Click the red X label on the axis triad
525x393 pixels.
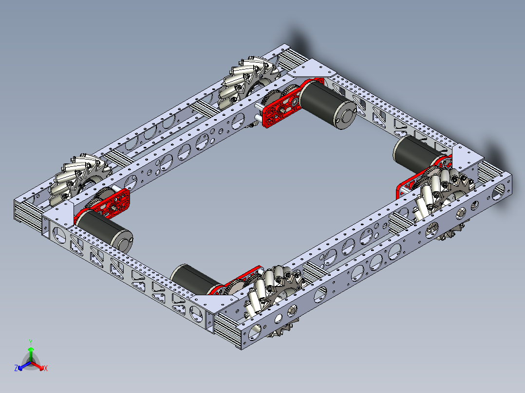coord(45,369)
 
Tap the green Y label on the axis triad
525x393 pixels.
coord(30,342)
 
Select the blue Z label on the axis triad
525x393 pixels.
coord(16,369)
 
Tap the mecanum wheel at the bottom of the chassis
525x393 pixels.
coord(270,297)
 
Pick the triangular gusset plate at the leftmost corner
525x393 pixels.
coord(61,211)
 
